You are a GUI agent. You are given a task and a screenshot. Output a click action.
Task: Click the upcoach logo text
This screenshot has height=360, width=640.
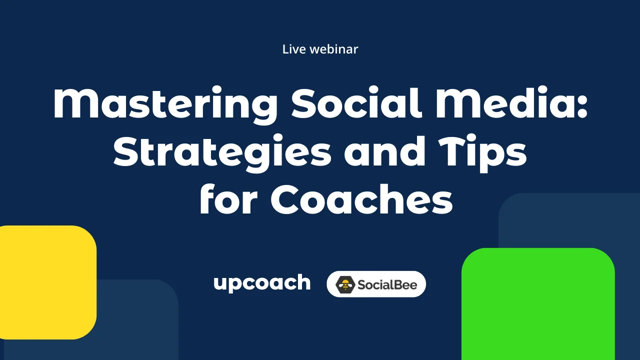[261, 283]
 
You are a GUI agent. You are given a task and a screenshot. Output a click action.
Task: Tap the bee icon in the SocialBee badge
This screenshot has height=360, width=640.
[344, 284]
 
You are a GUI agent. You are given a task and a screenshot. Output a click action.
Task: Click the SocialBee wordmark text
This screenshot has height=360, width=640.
[387, 284]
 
